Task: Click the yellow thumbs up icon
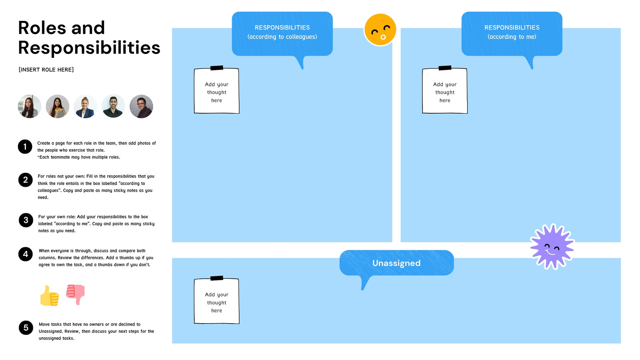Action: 50,296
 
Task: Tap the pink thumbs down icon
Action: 76,294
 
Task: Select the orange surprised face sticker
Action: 380,30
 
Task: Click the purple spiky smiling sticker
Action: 552,247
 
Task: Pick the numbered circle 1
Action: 25,146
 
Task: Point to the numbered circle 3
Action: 26,220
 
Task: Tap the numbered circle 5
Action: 26,328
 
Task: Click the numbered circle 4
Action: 26,254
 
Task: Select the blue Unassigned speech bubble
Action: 396,263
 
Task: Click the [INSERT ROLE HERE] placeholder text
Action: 46,70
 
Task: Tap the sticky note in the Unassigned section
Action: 216,300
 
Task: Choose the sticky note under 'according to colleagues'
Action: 216,90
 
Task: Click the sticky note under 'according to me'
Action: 445,90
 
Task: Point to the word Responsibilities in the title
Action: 89,48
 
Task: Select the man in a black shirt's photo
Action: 114,106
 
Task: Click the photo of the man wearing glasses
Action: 142,106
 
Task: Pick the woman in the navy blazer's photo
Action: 86,106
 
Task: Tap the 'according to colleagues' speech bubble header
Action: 282,34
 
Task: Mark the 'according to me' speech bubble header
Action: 512,34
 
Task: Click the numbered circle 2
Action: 26,180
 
